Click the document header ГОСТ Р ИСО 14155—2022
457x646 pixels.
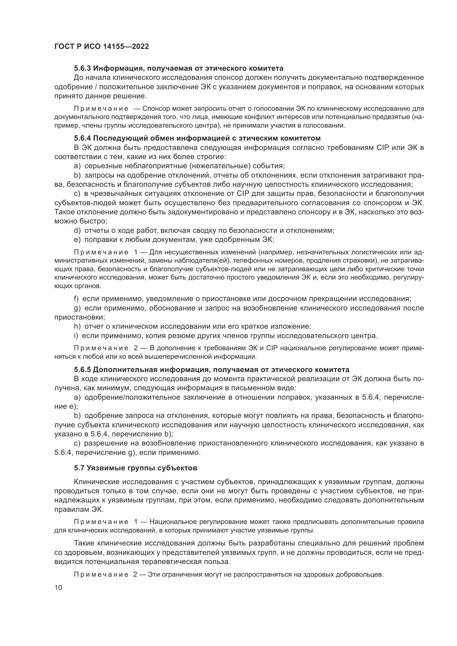(101, 46)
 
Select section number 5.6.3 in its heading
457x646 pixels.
(82, 68)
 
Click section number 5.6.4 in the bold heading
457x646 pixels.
(82, 138)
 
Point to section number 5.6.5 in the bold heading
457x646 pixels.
(82, 370)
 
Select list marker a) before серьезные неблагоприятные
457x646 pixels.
(77, 166)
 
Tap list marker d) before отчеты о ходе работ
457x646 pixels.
(77, 231)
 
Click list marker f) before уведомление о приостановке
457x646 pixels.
(76, 299)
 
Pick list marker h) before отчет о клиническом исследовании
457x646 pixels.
(77, 326)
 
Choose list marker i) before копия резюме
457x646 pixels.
(76, 336)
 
